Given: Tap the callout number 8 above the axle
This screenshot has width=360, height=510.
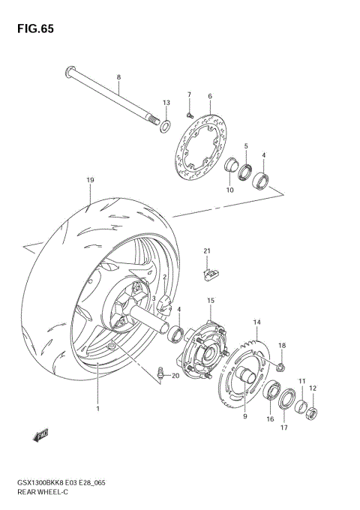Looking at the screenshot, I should coord(118,77).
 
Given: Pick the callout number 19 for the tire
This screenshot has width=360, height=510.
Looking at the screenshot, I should coord(90,181).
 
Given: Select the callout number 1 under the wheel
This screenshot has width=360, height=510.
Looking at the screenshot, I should coord(97,409).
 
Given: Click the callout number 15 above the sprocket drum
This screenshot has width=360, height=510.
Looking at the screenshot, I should coord(211,300).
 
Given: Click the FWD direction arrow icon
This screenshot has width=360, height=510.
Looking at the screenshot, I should coord(40,433).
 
